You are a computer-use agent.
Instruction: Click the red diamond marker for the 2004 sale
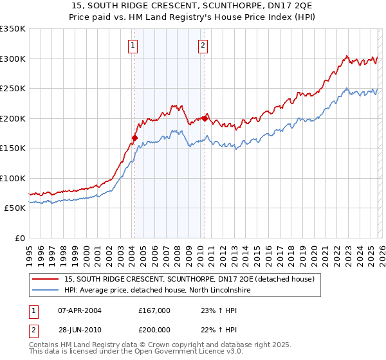(134, 138)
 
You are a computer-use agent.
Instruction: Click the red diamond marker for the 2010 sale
(205, 118)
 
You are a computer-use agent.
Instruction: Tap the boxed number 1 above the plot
(133, 45)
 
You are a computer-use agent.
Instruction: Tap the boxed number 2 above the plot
(203, 45)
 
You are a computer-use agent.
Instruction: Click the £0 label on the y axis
(19, 238)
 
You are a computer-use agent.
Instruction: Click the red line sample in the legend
(46, 279)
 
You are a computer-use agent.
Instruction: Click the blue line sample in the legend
(46, 291)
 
